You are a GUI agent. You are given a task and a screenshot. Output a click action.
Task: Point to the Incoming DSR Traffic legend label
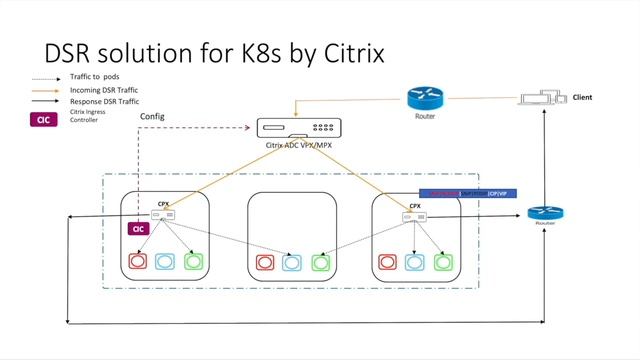tap(104, 90)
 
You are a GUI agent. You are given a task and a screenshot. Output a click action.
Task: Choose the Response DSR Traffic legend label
tap(105, 102)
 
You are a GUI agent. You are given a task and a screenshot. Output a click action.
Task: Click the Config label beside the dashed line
tap(153, 116)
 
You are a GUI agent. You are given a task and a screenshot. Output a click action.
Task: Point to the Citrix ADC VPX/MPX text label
tap(297, 146)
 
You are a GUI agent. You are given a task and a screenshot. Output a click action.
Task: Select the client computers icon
tap(541, 99)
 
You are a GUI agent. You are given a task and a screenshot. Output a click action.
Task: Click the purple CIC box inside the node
tap(138, 229)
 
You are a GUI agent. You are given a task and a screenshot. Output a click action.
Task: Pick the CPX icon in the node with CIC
tap(163, 214)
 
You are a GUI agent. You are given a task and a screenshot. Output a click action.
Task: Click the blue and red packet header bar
tap(466, 192)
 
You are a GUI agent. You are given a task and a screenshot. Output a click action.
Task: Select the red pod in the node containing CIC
tap(138, 263)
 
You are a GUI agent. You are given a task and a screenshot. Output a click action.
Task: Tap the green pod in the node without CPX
tap(320, 263)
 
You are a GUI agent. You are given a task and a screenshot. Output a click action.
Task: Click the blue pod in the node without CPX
tap(292, 263)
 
